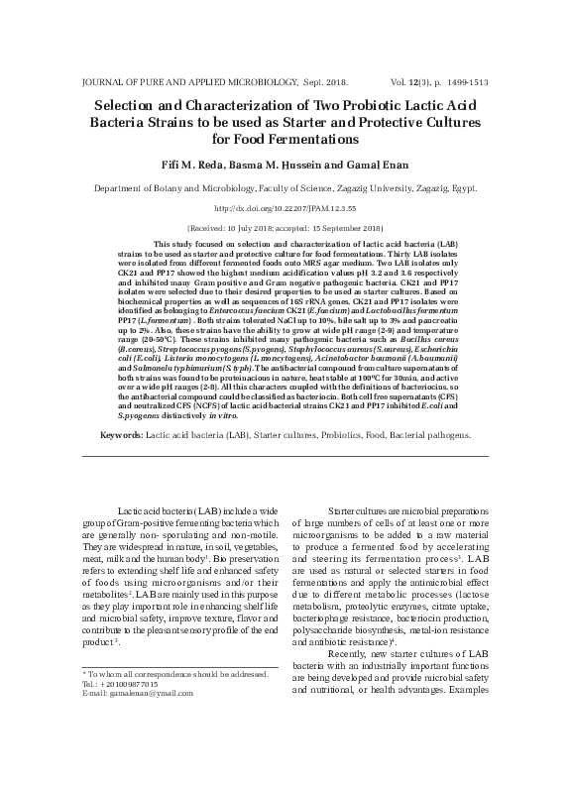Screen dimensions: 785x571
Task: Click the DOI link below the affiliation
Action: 285,209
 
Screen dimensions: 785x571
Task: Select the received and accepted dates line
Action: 285,227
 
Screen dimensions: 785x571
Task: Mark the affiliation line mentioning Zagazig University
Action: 285,188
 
